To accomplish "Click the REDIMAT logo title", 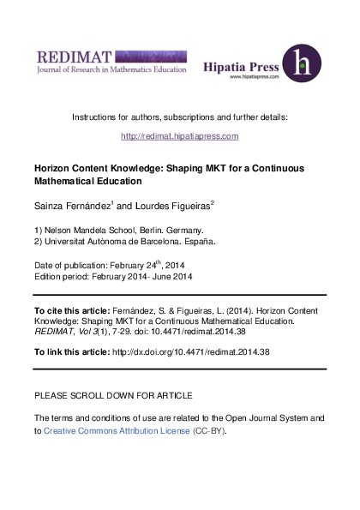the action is (75, 57).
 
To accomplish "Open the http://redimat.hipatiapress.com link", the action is (180, 136).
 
